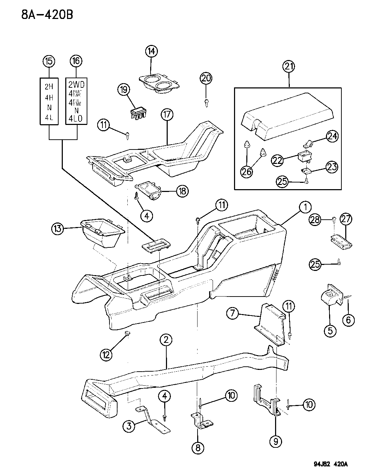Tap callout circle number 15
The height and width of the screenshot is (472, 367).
[49, 61]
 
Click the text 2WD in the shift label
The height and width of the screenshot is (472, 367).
[76, 85]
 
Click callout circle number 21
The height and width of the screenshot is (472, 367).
[289, 66]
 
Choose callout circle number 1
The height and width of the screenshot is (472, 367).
[305, 207]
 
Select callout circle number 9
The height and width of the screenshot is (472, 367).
[275, 440]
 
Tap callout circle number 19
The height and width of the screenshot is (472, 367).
[124, 90]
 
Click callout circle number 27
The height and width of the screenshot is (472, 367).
[346, 219]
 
